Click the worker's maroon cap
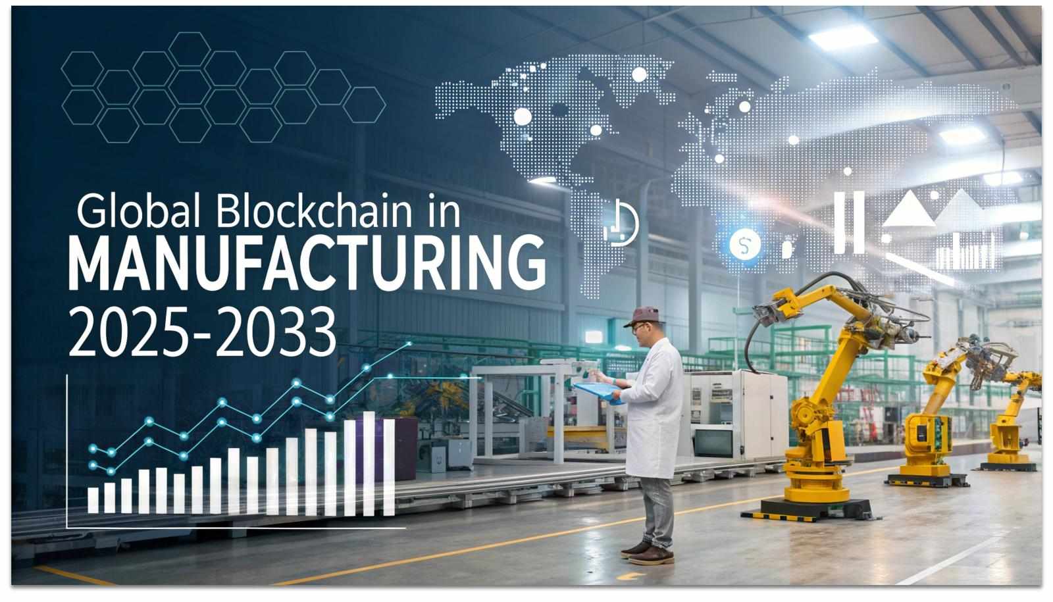pyautogui.click(x=644, y=316)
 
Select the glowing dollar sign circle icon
pyautogui.click(x=744, y=244)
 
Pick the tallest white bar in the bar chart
pyautogui.click(x=369, y=463)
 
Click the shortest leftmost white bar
pyautogui.click(x=93, y=500)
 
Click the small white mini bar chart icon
pyautogui.click(x=967, y=251)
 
